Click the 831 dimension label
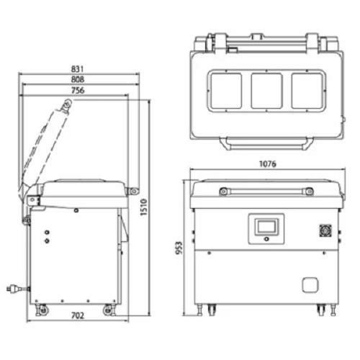tap(78, 69)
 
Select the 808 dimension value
tap(78, 79)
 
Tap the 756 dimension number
tap(78, 91)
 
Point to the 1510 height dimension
tap(143, 207)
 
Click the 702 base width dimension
tap(78, 315)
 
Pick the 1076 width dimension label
tap(268, 164)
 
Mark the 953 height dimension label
tap(179, 248)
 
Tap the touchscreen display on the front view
tap(266, 226)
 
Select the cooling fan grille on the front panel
tap(325, 230)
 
